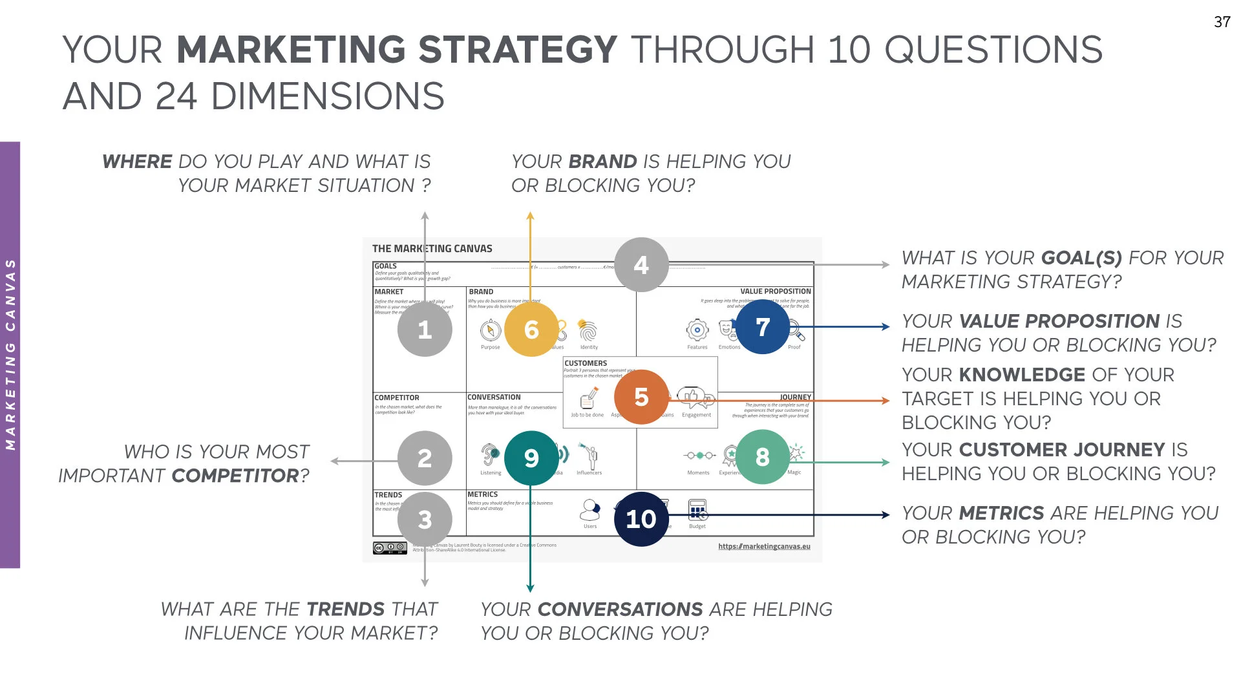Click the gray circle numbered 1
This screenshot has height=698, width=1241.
pyautogui.click(x=425, y=330)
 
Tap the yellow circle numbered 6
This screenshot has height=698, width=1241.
pyautogui.click(x=531, y=330)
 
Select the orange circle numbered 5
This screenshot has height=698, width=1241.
pyautogui.click(x=641, y=397)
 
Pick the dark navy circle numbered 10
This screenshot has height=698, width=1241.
pyautogui.click(x=641, y=519)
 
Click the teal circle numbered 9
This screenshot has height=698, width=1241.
pyautogui.click(x=531, y=458)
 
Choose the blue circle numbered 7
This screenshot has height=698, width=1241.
pyautogui.click(x=763, y=327)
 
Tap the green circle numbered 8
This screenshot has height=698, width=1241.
pyautogui.click(x=763, y=458)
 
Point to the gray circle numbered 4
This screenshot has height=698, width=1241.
pyautogui.click(x=641, y=265)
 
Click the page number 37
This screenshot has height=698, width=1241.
pyautogui.click(x=1222, y=22)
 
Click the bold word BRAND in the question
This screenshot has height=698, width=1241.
pyautogui.click(x=603, y=162)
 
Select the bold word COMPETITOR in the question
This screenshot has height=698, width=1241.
pyautogui.click(x=236, y=476)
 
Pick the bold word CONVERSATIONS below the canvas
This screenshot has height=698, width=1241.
pyautogui.click(x=620, y=609)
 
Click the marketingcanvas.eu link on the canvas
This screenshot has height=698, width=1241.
pyautogui.click(x=764, y=547)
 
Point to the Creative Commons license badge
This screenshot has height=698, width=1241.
pyautogui.click(x=390, y=548)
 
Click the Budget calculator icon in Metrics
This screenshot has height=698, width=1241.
pyautogui.click(x=697, y=510)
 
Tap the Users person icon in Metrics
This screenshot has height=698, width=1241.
pyautogui.click(x=589, y=510)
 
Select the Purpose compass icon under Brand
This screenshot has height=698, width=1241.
pyautogui.click(x=491, y=330)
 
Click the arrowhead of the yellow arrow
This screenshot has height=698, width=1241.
pyautogui.click(x=530, y=217)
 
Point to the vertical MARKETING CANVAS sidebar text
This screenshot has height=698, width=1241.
pyautogui.click(x=10, y=354)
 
